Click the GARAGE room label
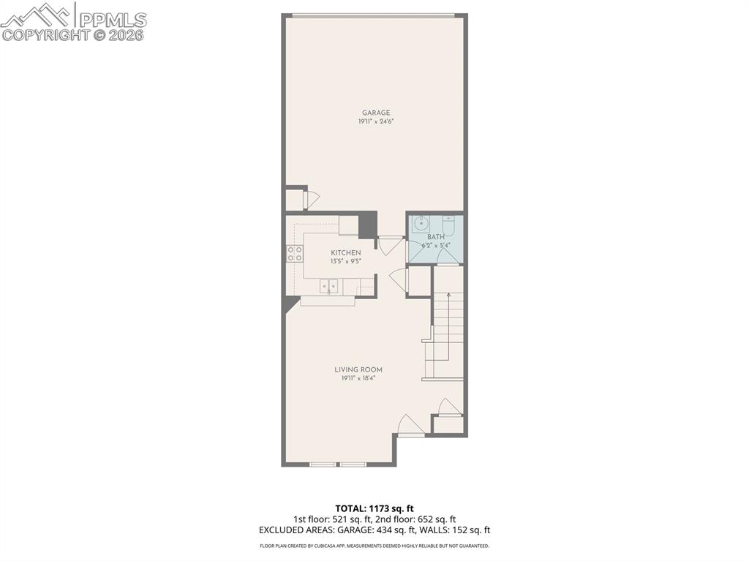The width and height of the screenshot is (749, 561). (375, 113)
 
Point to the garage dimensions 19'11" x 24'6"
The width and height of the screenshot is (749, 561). (375, 122)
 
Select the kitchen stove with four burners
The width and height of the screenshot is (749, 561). (295, 254)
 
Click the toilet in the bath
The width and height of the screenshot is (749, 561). (449, 225)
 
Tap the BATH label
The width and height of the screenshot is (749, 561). (435, 237)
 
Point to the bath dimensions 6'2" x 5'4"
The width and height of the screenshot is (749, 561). (435, 246)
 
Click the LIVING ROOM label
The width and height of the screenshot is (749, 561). (358, 370)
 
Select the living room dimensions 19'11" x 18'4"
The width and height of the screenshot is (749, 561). (358, 379)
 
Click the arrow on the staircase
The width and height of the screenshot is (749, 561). (448, 295)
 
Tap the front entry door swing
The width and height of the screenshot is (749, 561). (410, 426)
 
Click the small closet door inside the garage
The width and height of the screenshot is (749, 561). (312, 199)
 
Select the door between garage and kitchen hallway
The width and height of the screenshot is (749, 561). (391, 244)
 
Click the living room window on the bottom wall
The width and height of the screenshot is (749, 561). (338, 464)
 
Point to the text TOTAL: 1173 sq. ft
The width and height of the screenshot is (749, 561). (374, 508)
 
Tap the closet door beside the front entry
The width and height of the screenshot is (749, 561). (448, 407)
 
